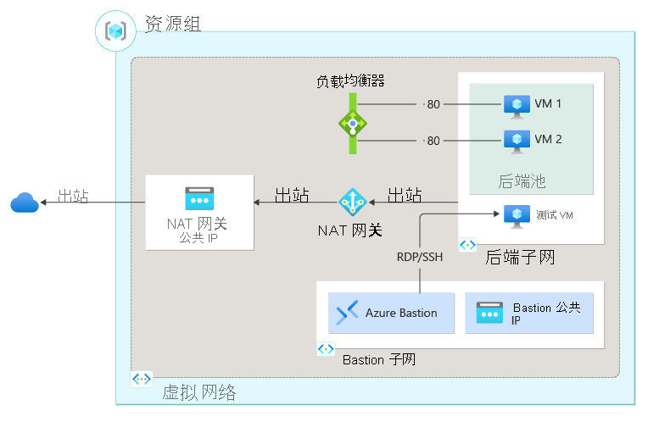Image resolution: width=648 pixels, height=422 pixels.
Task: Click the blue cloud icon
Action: click(24, 202)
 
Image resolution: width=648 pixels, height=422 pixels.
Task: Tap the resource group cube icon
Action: click(115, 31)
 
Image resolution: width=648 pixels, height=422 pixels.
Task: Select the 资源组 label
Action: click(173, 24)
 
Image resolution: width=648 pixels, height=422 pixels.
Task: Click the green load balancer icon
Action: click(352, 123)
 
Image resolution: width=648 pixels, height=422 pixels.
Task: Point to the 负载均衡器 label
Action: click(351, 81)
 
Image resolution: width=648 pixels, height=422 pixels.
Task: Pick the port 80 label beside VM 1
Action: click(432, 105)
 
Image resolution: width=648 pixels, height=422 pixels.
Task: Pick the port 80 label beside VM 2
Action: click(432, 141)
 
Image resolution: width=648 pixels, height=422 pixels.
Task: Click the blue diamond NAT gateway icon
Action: click(351, 202)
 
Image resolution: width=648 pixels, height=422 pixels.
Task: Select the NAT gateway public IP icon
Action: click(199, 198)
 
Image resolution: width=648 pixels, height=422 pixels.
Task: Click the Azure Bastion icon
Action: click(348, 313)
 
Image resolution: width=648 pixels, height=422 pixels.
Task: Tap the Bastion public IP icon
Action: click(490, 313)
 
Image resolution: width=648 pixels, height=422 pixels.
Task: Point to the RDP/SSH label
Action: click(420, 256)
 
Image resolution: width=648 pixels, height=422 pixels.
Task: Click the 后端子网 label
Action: click(521, 257)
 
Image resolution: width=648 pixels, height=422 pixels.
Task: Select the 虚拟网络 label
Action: click(198, 391)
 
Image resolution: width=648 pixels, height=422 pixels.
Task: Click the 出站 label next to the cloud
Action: click(73, 197)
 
